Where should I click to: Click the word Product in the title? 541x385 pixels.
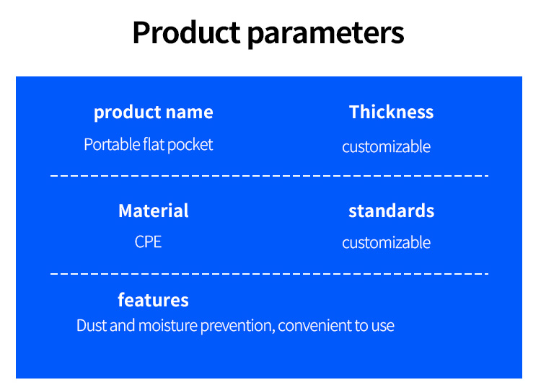coord(186,32)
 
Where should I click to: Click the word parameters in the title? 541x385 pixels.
coord(326,34)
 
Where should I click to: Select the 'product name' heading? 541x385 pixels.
coord(154,112)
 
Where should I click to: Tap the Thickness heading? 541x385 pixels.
coord(391,112)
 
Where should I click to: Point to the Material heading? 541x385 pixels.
coord(154,211)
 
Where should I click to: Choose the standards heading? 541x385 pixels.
coord(391,211)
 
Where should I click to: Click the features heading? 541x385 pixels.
coord(153,299)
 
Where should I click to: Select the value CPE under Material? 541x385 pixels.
coord(148,242)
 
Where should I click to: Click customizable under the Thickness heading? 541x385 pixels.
coord(386,146)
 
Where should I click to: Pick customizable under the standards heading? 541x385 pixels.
coord(386,242)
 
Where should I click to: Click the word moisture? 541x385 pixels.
coord(167,325)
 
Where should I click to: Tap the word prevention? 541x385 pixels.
coord(238,326)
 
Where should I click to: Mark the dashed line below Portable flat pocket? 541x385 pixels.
coord(270,176)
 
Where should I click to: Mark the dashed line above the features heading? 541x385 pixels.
coord(270,273)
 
